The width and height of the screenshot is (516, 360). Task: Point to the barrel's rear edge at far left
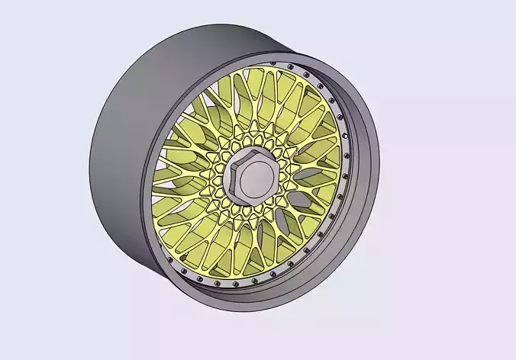91,164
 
